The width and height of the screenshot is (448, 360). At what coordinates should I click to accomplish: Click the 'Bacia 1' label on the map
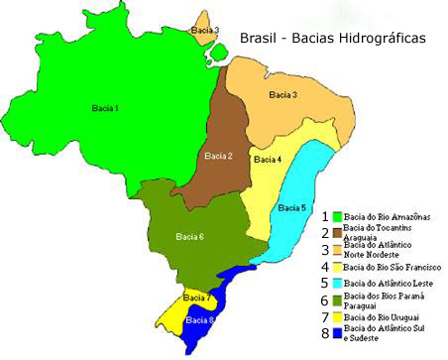coord(102,108)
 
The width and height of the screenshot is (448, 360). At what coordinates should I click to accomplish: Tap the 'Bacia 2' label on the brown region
coord(218,156)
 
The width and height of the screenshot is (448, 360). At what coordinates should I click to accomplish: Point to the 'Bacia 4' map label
coord(267,159)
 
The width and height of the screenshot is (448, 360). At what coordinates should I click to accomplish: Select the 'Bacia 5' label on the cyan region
coord(291,208)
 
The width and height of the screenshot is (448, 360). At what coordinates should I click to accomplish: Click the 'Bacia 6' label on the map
coord(189,236)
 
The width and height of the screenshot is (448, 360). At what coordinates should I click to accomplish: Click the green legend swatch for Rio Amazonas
coord(337,215)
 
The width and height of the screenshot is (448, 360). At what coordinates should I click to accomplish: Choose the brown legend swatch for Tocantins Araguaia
coord(337,232)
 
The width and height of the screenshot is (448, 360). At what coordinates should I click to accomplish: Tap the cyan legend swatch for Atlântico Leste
coord(337,284)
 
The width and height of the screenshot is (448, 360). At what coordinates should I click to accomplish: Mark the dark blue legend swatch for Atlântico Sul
coord(337,335)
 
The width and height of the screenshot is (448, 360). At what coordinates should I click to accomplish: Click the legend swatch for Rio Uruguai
coord(337,317)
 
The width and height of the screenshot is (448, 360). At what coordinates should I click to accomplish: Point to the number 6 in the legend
coord(324,300)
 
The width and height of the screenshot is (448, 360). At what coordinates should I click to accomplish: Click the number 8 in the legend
coord(324,335)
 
